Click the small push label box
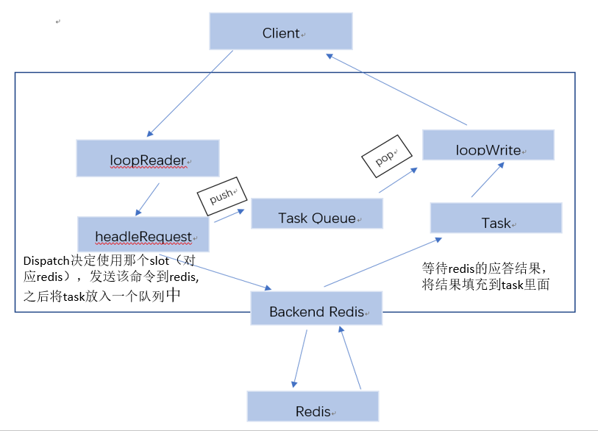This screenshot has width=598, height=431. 220,196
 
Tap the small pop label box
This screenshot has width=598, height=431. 383,157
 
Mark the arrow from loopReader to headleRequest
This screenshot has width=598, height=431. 149,199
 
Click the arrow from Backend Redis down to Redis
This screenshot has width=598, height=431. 299,357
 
